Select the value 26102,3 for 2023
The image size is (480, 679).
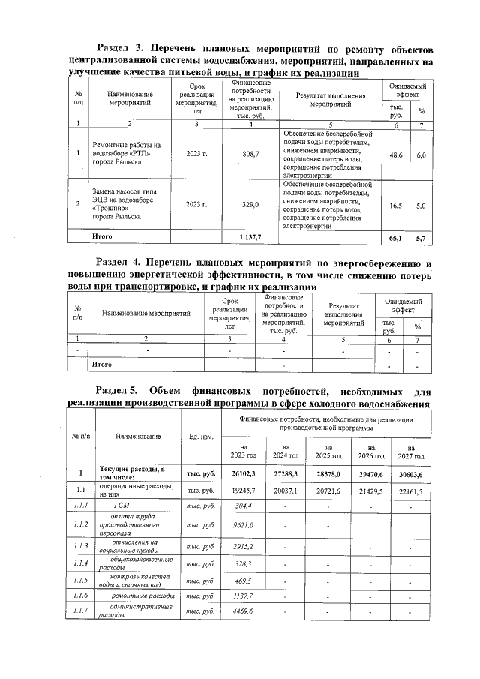pyautogui.click(x=245, y=473)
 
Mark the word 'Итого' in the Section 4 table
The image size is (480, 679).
pyautogui.click(x=102, y=364)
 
